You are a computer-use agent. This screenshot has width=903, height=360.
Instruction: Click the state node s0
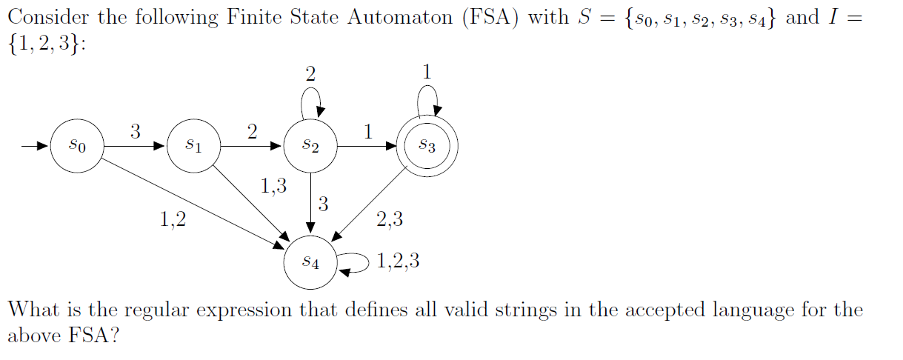tap(76, 146)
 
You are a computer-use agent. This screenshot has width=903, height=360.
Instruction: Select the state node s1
tap(193, 146)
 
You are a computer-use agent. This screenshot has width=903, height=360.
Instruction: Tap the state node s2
tap(311, 146)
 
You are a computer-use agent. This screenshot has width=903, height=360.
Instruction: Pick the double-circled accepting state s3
tap(428, 146)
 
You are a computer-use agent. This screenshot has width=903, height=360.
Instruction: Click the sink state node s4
tap(311, 261)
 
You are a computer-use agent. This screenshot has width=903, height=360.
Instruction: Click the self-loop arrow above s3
tap(427, 96)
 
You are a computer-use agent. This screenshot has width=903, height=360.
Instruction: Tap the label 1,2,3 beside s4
tap(398, 261)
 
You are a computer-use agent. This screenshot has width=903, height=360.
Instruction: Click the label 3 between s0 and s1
tap(135, 132)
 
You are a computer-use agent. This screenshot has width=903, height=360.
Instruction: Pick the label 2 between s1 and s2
tap(252, 132)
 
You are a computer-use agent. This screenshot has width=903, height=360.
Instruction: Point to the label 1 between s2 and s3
tap(368, 132)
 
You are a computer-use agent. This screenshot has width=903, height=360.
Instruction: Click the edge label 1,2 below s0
tap(173, 219)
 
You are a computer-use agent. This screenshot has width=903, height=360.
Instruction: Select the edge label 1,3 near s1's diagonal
tap(273, 186)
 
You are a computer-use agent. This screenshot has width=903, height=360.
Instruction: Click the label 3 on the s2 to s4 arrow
tap(323, 204)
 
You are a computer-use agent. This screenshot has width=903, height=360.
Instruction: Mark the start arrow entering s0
tap(34, 146)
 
